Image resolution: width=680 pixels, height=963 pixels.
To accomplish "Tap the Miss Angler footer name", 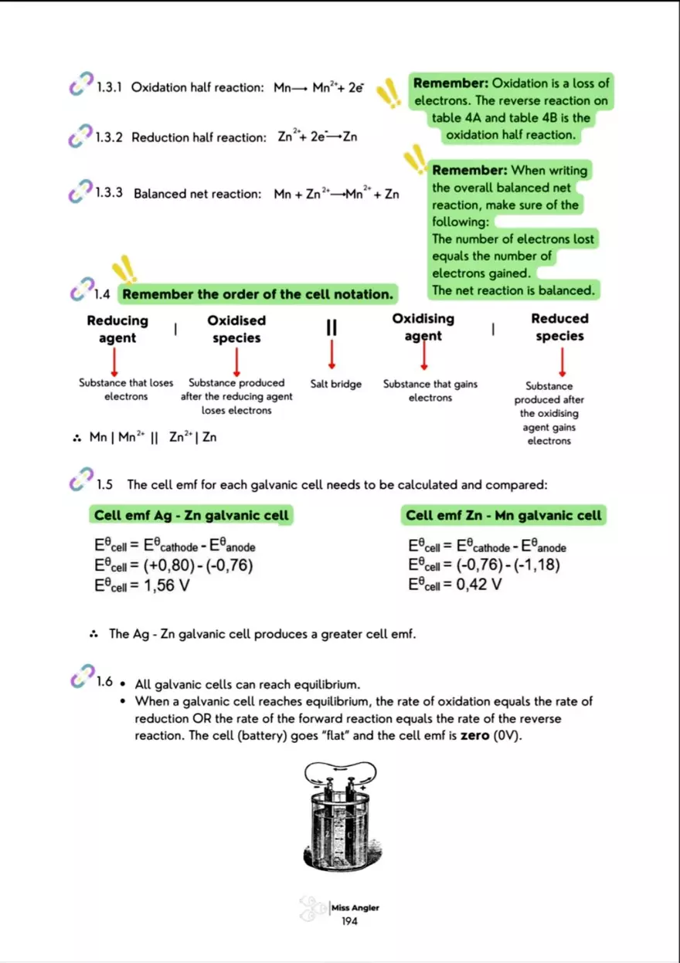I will [355, 907].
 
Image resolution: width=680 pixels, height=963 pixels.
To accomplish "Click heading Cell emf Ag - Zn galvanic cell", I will [191, 515].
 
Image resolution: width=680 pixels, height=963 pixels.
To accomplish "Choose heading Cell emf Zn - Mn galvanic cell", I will [504, 515].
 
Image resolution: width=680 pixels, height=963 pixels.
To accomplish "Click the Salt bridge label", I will [335, 384].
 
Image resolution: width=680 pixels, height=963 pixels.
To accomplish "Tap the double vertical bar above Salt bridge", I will [331, 327].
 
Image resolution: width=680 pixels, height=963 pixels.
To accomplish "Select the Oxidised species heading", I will [236, 329].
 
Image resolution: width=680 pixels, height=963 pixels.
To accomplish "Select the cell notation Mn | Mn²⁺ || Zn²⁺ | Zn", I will [152, 438].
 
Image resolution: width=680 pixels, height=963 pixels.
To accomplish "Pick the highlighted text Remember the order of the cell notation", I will [257, 294].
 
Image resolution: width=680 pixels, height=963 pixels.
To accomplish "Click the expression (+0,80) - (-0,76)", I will [199, 566].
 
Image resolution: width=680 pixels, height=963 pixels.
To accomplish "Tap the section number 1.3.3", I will [109, 193].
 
